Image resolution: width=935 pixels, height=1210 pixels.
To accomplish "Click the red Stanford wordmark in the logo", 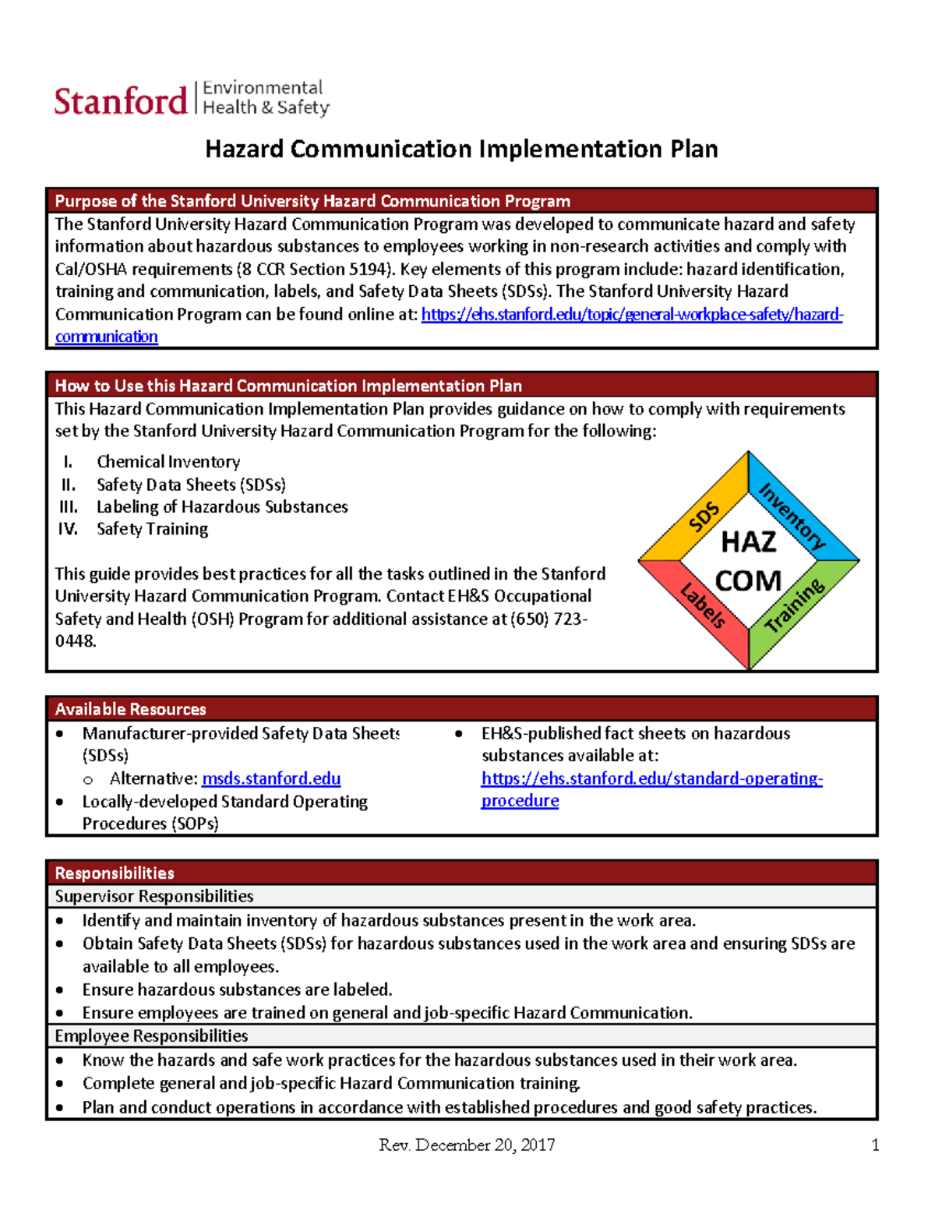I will point(121,101).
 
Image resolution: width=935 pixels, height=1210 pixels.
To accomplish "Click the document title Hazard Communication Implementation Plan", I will point(461,149).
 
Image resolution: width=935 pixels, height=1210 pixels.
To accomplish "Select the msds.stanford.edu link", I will point(270,778).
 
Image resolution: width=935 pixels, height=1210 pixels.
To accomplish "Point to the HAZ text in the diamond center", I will point(748,542).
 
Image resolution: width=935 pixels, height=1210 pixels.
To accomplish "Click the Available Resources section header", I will point(130,709).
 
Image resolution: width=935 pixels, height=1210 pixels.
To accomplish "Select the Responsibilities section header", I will point(115,873).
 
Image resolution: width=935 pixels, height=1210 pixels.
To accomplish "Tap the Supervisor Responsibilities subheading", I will point(153,896).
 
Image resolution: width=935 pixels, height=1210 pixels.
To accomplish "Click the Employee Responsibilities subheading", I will point(151,1035).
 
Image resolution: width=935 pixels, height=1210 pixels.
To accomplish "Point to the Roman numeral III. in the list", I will point(69,506).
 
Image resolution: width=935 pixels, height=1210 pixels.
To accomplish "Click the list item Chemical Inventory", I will point(168,461).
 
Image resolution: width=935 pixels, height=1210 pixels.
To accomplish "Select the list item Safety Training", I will point(152,529).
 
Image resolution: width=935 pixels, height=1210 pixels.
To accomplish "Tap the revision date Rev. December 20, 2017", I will point(467,1145).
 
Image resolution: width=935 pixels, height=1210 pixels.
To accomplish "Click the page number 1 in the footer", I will point(875,1145).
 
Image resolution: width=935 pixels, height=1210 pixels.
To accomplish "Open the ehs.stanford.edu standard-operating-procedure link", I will point(651,778).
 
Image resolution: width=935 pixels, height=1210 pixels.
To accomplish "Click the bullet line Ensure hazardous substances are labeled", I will point(237,990).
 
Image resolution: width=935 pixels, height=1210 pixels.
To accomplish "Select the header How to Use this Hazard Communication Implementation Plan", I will point(288,386).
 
